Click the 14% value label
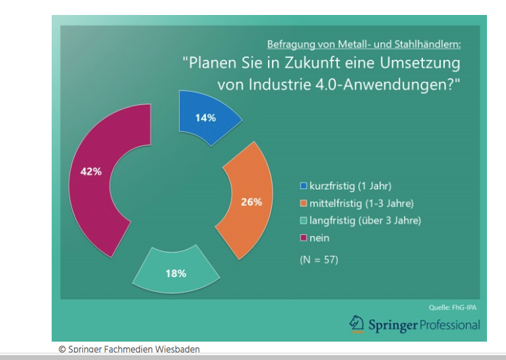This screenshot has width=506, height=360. [205, 118]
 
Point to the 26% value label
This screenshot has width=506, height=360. [251, 201]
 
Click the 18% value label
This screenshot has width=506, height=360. [175, 273]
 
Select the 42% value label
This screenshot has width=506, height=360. [90, 171]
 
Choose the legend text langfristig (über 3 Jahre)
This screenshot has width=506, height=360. [365, 220]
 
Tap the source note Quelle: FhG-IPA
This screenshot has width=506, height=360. [454, 307]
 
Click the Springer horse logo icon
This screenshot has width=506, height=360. [356, 325]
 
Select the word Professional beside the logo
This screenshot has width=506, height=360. [450, 325]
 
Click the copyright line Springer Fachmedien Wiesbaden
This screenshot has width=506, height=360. [129, 349]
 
